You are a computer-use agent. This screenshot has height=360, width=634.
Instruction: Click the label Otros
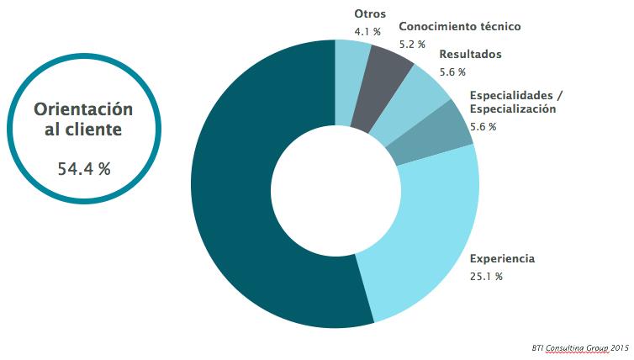371,13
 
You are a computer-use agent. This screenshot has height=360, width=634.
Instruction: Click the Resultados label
470,55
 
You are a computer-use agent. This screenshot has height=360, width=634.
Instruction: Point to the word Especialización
512,109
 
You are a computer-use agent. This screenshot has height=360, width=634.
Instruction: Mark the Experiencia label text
502,258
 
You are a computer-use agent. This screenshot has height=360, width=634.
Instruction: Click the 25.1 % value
487,275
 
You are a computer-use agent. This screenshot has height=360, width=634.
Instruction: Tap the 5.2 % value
412,44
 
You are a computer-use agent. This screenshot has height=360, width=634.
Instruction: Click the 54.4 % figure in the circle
83,168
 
